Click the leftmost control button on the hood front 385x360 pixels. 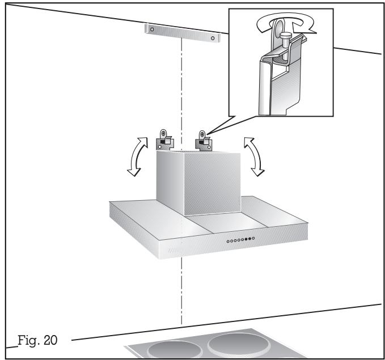(x=227, y=241)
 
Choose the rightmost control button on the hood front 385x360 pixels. (x=253, y=239)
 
